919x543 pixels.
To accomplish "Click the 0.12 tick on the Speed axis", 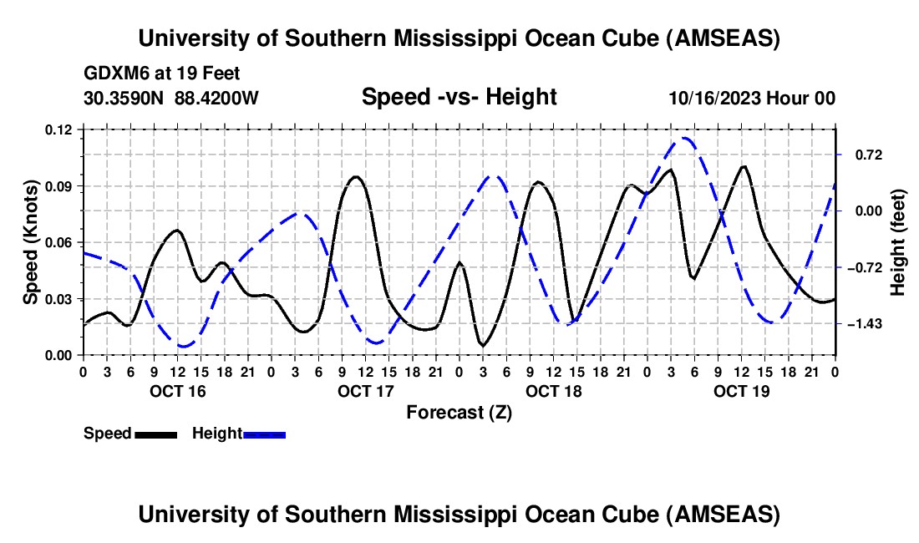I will (62, 129).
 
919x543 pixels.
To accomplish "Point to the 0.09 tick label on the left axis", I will (62, 186).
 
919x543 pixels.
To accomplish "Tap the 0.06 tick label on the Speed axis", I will (62, 242).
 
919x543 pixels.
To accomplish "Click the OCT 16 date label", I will (176, 391).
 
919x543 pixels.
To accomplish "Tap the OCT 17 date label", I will (364, 391).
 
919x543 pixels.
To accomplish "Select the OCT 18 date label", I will (553, 391).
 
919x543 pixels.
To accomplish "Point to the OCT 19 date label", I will (740, 391).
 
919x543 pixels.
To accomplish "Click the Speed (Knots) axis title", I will (31, 242).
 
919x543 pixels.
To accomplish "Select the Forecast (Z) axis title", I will (459, 412).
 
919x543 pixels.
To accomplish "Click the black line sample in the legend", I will (155, 434).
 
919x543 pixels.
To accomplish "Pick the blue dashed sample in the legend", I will (264, 434).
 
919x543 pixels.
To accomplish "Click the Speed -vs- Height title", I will (459, 98).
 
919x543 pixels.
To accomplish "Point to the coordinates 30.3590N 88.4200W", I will (171, 98).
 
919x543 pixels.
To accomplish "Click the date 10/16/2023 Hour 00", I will (751, 98).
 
